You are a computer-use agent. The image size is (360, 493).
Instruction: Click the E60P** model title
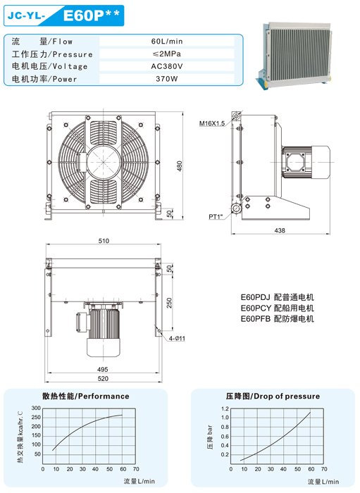(x=91, y=15)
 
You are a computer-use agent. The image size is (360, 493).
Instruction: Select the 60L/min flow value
(x=167, y=41)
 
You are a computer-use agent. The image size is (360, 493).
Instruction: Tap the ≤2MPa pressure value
(x=167, y=54)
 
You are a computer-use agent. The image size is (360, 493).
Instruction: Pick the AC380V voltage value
(x=167, y=66)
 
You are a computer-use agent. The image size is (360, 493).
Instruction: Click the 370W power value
(x=167, y=79)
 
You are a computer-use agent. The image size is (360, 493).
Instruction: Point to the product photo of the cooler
(x=295, y=56)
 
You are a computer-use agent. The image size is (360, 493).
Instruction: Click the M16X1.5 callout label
(x=212, y=123)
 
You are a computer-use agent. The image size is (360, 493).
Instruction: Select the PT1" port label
(x=216, y=217)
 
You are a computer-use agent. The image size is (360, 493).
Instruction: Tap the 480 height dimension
(x=179, y=166)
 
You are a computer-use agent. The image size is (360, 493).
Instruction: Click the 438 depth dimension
(x=280, y=230)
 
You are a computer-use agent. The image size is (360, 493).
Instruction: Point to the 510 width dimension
(x=104, y=241)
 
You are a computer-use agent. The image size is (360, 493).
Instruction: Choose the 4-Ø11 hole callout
(x=177, y=339)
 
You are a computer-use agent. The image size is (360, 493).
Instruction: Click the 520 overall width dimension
(x=103, y=379)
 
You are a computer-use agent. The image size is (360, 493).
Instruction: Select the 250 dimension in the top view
(x=170, y=303)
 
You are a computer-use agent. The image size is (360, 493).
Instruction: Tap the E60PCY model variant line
(x=278, y=308)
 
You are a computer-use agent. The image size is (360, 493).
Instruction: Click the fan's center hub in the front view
(x=104, y=162)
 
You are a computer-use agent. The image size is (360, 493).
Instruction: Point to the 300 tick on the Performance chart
(x=36, y=408)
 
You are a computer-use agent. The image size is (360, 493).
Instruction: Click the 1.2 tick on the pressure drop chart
(x=225, y=408)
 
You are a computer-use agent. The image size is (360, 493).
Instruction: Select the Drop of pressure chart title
(x=273, y=396)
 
